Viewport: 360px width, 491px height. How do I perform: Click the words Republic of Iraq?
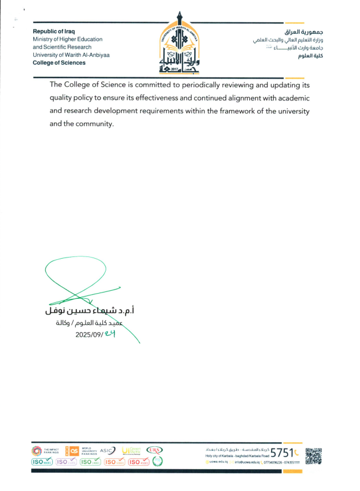coord(54,31)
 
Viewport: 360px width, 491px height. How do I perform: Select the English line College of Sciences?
coord(59,63)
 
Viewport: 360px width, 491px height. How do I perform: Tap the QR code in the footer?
coord(313,455)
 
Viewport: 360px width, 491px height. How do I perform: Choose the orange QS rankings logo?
coord(73,450)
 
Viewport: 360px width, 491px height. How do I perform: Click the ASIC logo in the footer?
coord(107,450)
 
